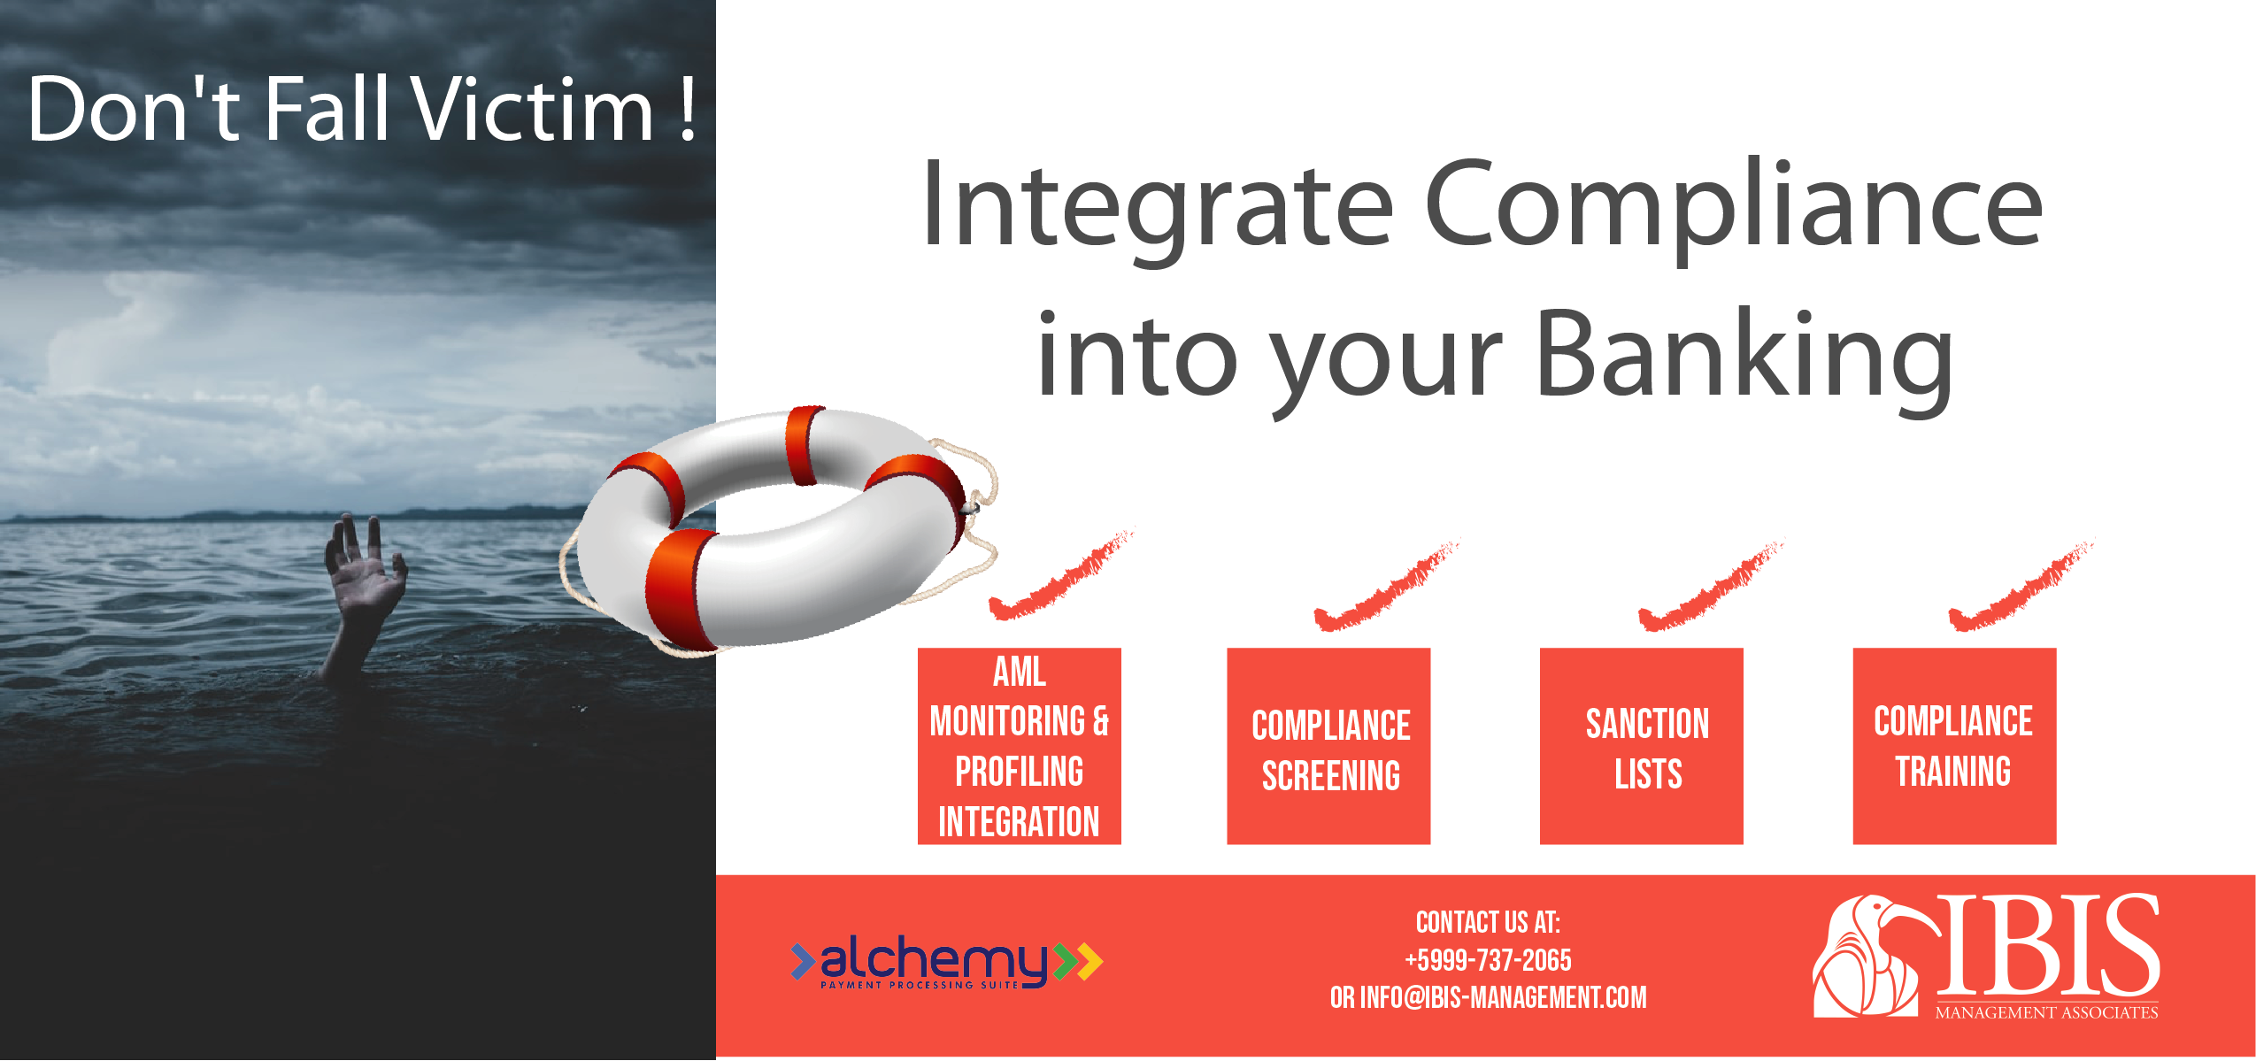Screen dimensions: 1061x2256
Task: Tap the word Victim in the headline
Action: click(531, 110)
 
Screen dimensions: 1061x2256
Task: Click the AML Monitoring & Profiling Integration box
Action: click(1019, 746)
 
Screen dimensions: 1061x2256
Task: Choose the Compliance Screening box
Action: click(1328, 746)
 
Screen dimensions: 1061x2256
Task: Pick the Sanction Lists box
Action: click(1641, 746)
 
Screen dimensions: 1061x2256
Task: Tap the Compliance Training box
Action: click(1953, 746)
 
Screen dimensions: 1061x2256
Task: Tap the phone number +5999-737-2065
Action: click(1488, 960)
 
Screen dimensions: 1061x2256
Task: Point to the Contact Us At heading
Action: click(1488, 922)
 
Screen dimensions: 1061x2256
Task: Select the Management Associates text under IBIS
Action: click(2046, 1012)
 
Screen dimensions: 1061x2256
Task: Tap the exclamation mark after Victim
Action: click(687, 110)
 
